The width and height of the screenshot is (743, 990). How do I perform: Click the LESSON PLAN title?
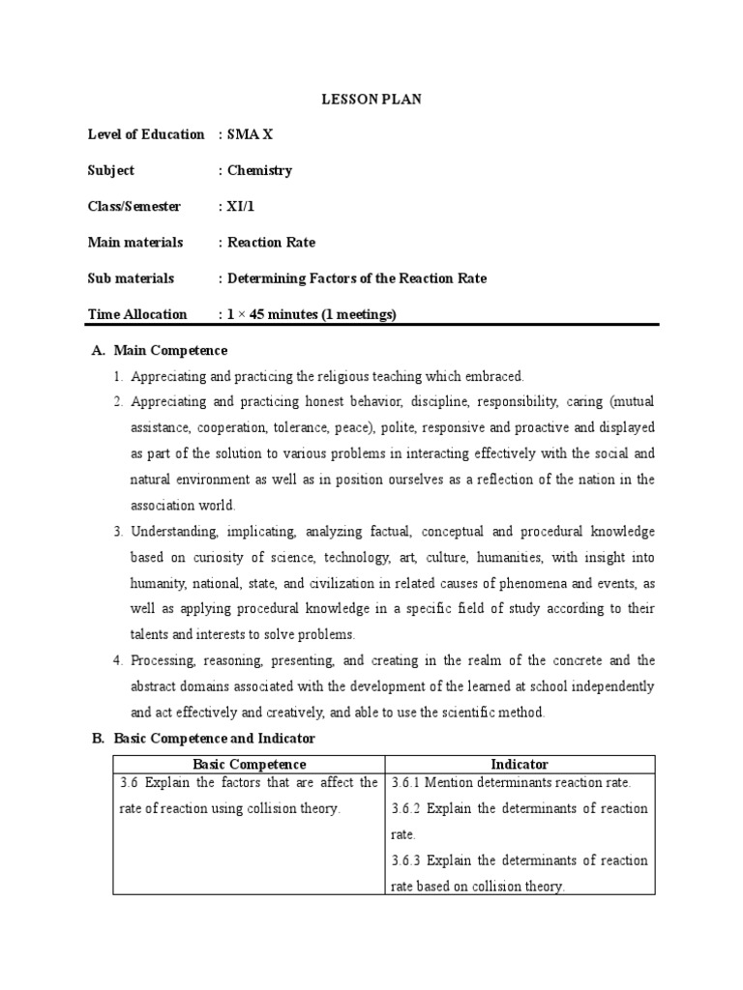pos(371,99)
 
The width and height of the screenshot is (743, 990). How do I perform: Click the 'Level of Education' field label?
pos(146,134)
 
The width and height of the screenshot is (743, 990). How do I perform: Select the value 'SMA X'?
pos(250,134)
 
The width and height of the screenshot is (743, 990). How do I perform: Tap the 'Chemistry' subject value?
pos(259,170)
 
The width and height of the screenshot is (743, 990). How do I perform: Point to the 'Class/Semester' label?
pos(134,206)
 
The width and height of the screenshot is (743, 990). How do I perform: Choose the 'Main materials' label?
pos(134,242)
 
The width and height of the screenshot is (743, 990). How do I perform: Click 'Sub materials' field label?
pos(131,277)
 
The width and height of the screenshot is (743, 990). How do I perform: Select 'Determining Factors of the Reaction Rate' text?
pos(357,277)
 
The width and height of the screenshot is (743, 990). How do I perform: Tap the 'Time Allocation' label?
pos(137,313)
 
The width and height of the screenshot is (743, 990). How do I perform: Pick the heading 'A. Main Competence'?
pos(160,350)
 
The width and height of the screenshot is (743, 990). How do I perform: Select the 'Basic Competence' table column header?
pos(250,764)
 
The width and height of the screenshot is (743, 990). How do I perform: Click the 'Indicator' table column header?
pos(520,764)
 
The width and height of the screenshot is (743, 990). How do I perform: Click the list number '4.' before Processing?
pos(116,660)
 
